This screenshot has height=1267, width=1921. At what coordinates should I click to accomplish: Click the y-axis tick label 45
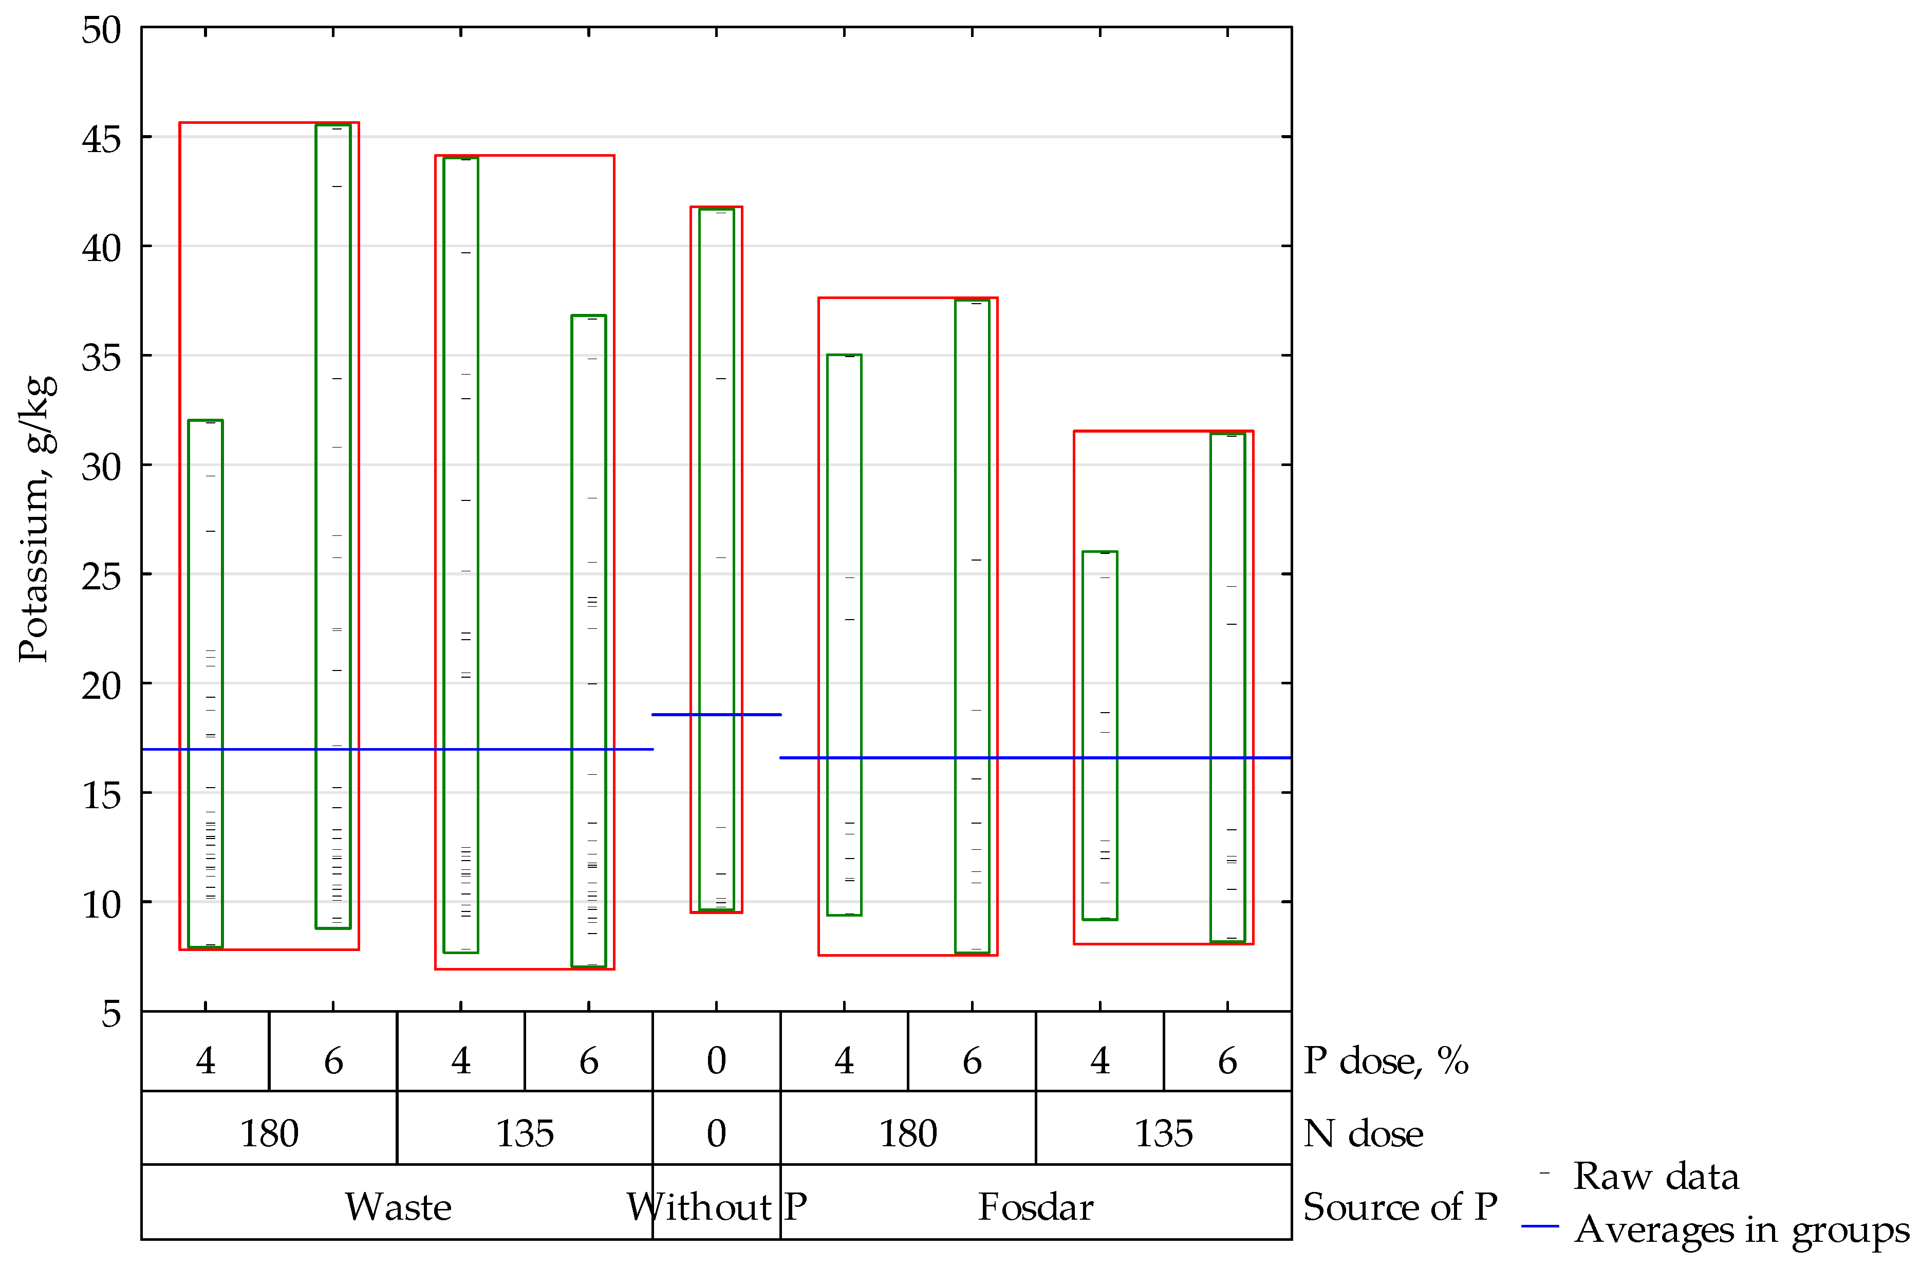pos(101,140)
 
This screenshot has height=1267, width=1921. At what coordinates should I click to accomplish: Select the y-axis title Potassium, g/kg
pos(36,519)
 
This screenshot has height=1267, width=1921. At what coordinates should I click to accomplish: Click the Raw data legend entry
pos(1654,1176)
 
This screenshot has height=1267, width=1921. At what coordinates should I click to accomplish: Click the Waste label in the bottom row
pos(398,1207)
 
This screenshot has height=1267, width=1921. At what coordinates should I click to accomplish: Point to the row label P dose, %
pos(1386,1060)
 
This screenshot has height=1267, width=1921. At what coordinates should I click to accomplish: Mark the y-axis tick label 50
pos(101,31)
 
